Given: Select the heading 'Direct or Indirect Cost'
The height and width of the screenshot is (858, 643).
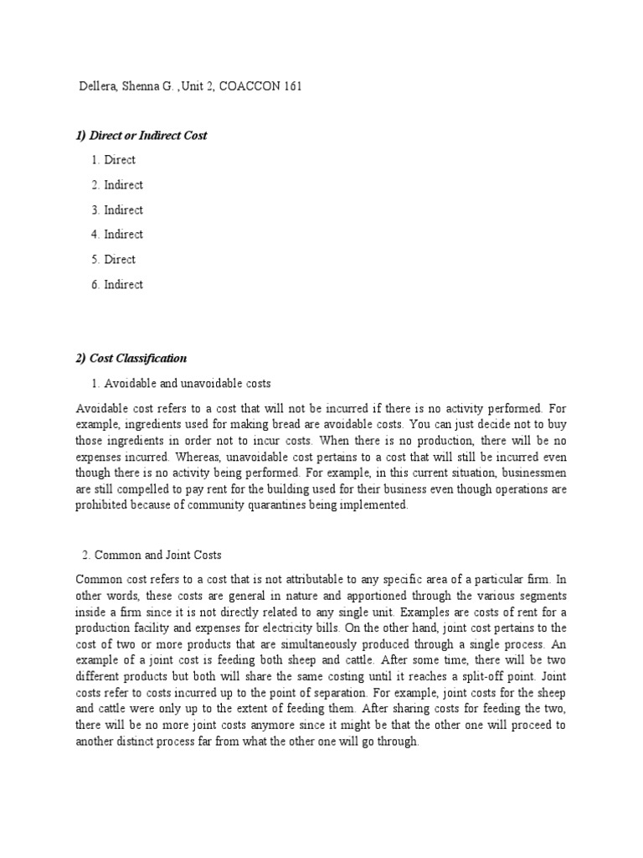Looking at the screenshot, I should (x=148, y=135).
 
